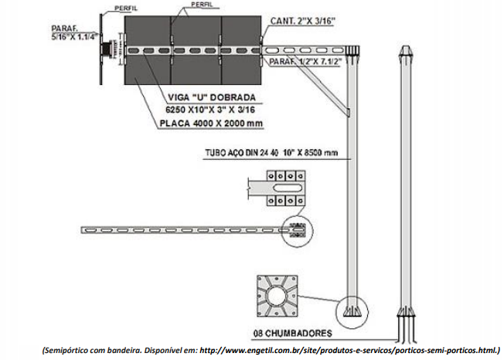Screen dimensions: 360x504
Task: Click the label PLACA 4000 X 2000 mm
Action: click(208, 124)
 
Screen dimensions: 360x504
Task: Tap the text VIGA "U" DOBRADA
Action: click(211, 98)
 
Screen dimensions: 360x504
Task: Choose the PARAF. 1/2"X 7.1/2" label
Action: click(303, 63)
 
